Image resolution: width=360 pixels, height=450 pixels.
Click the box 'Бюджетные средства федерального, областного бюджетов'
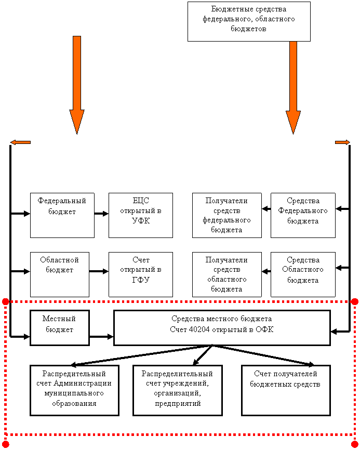[x=249, y=21]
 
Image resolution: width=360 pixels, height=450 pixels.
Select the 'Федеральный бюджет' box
[x=62, y=215]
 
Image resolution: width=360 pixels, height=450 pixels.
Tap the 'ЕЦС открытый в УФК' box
[x=141, y=215]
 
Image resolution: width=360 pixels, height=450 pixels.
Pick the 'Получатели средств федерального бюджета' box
[x=226, y=215]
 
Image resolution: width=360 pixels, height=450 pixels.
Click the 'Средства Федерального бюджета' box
[x=303, y=215]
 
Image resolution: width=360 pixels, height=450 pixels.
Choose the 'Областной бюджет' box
[x=59, y=274]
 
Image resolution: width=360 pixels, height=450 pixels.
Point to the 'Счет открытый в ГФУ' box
[x=141, y=274]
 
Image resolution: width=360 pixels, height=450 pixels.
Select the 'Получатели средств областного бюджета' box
[x=226, y=274]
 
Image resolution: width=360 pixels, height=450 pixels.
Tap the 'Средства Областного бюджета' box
[x=303, y=274]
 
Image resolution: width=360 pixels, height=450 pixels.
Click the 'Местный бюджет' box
[x=59, y=328]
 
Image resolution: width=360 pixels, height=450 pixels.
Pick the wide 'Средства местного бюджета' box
[x=222, y=328]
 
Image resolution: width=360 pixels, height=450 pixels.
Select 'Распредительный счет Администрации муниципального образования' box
[x=74, y=390]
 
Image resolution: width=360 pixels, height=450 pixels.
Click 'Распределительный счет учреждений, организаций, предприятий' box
[x=178, y=390]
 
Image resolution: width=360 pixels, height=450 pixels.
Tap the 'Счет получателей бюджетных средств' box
[x=286, y=390]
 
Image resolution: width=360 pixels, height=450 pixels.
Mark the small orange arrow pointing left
[x=21, y=142]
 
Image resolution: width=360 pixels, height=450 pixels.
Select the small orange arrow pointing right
[x=342, y=142]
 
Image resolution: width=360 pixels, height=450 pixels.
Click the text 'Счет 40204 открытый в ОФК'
[x=222, y=329]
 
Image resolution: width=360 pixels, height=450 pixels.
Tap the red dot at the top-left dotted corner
[x=6, y=301]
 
